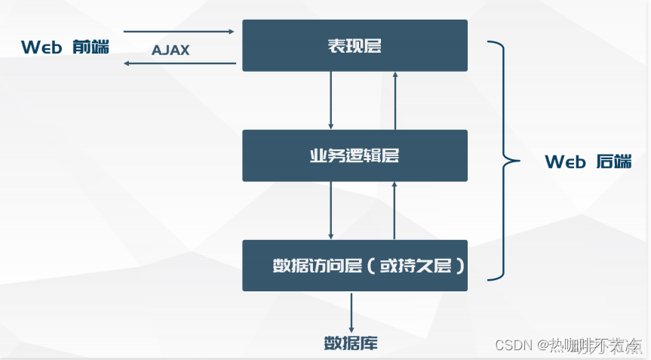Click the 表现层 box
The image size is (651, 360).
(x=355, y=46)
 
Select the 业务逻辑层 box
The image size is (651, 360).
(x=355, y=155)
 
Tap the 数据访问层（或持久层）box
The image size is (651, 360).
(x=355, y=266)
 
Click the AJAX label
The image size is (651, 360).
(x=170, y=51)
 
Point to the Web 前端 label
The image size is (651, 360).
(x=65, y=47)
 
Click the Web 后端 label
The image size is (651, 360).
(x=588, y=162)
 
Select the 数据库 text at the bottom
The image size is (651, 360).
(x=351, y=343)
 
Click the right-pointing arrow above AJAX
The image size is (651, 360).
(x=179, y=32)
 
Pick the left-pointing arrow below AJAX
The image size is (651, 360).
(x=179, y=63)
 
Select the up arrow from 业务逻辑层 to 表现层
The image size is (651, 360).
(x=395, y=100)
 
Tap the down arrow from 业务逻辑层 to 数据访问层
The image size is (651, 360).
(x=331, y=211)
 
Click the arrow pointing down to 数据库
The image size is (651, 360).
(x=351, y=311)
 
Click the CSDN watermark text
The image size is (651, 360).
(x=512, y=345)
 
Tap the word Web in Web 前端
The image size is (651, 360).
(x=41, y=47)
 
